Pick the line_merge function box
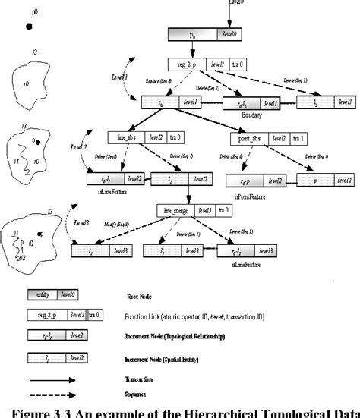180,209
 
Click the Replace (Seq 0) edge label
156,80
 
